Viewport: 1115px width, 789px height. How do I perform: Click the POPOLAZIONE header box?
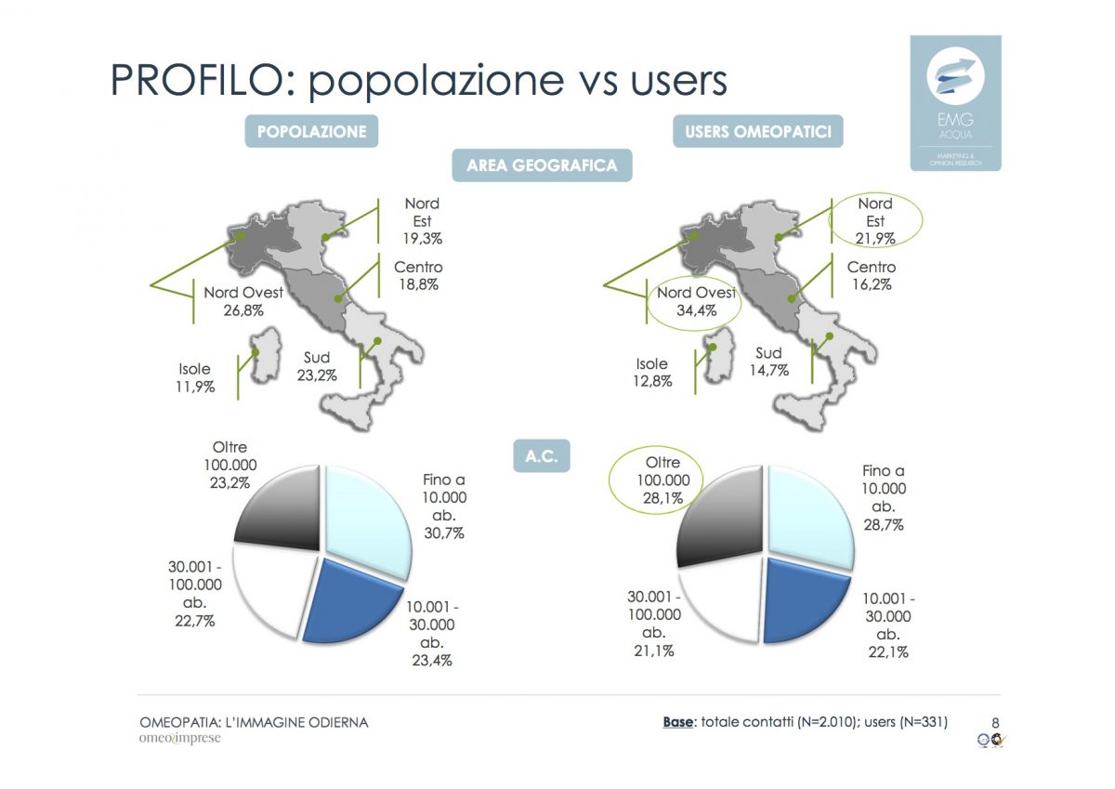click(x=311, y=131)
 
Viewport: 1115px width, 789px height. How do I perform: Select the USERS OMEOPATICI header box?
click(x=757, y=131)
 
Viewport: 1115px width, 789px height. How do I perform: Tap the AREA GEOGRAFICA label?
click(x=542, y=165)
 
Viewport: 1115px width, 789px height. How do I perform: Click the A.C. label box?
click(x=541, y=457)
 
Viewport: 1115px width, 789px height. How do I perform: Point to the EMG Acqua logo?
click(x=955, y=102)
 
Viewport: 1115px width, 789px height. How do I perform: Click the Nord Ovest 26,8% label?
click(x=243, y=301)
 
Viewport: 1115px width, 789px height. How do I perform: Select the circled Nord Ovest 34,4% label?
click(x=696, y=301)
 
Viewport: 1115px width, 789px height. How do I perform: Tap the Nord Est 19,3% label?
click(x=422, y=220)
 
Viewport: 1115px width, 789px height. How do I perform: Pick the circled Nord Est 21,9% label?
click(x=875, y=220)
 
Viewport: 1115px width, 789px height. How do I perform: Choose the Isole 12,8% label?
click(x=652, y=372)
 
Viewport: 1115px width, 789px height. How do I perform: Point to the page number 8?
click(x=995, y=722)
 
